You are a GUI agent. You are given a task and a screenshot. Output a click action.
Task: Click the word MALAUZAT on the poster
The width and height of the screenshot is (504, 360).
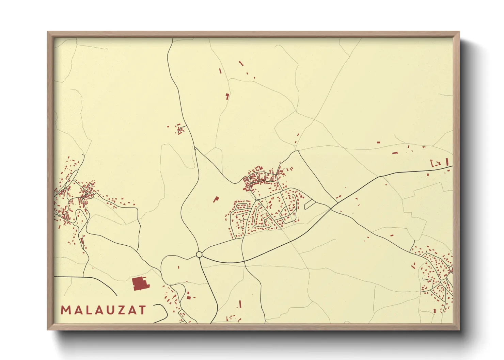pyautogui.click(x=104, y=310)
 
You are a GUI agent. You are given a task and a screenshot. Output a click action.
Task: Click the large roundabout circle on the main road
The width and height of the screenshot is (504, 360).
pyautogui.click(x=199, y=255)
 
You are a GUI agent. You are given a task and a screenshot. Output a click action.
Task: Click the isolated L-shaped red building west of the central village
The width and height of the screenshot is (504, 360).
pyautogui.click(x=216, y=199)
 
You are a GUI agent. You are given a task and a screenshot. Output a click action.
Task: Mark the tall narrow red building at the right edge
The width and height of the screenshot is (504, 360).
pyautogui.click(x=447, y=161)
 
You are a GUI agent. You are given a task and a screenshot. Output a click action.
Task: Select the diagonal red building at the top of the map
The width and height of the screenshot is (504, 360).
pyautogui.click(x=241, y=63)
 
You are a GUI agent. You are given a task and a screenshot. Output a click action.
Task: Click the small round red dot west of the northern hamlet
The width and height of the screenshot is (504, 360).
pyautogui.click(x=168, y=127)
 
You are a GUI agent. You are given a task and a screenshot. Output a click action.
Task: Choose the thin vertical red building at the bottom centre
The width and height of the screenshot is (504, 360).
pyautogui.click(x=240, y=304)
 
